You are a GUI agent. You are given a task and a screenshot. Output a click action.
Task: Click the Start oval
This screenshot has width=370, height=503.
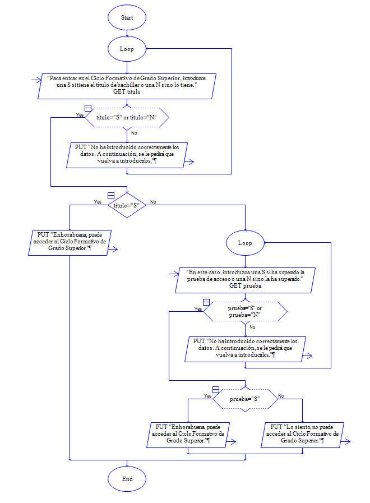coord(127,17)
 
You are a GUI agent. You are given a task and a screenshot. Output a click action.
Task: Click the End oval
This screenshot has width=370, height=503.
coord(127,479)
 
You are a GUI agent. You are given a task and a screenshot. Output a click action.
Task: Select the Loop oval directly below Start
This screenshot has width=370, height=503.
coord(127,49)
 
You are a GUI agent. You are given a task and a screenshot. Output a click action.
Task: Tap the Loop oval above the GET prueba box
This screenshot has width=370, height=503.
coord(245,243)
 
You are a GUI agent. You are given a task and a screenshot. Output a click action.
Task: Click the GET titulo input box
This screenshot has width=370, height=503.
coord(127,85)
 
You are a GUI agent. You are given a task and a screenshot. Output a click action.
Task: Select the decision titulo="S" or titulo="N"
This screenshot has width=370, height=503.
coord(127,117)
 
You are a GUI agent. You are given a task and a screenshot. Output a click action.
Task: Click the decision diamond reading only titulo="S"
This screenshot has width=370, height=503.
coord(127,205)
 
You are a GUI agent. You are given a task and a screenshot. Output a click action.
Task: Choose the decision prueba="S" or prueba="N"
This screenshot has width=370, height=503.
coord(245,312)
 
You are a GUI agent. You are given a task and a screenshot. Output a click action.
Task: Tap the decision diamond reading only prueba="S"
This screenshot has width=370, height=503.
coord(245,399)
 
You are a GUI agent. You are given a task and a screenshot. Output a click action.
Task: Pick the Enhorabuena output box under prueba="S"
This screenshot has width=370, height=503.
coord(188,434)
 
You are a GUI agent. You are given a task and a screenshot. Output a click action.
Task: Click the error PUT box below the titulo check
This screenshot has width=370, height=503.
coord(127,154)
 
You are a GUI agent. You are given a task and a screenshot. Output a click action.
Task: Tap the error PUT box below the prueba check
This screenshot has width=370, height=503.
coord(245,348)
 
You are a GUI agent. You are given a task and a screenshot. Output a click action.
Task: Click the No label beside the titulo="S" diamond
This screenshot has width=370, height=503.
coord(153,202)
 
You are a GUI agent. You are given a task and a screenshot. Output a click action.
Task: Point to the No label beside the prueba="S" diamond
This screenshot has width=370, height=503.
coord(281,395)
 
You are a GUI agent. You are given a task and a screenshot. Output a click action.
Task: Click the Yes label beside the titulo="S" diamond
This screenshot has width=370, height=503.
coord(98,202)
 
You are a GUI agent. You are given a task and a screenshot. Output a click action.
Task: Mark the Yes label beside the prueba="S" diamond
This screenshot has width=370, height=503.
coord(208,395)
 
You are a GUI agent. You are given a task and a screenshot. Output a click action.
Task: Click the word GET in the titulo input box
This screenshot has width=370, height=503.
coord(119,91)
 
